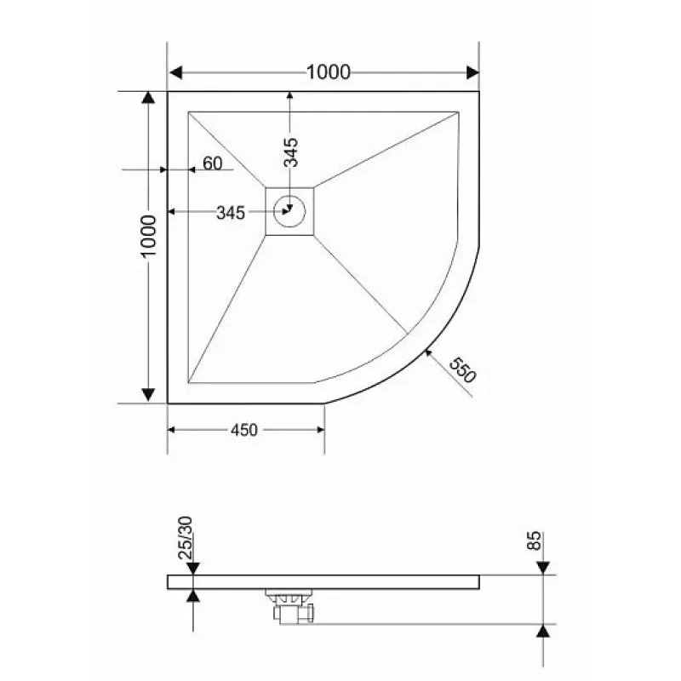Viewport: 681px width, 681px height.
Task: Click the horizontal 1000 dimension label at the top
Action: click(329, 72)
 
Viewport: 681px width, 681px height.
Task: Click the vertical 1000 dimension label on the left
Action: click(148, 236)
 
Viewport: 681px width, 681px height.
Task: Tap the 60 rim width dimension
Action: click(212, 163)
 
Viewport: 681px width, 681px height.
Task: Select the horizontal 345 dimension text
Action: click(231, 213)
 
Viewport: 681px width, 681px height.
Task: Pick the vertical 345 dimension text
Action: click(290, 152)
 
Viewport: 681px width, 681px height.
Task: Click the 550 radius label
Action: click(462, 370)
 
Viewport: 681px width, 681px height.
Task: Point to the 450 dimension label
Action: click(244, 430)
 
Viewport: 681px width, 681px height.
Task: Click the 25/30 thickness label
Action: click(186, 538)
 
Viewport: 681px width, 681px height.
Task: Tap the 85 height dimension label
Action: click(535, 541)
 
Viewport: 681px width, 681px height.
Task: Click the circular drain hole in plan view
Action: click(289, 211)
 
